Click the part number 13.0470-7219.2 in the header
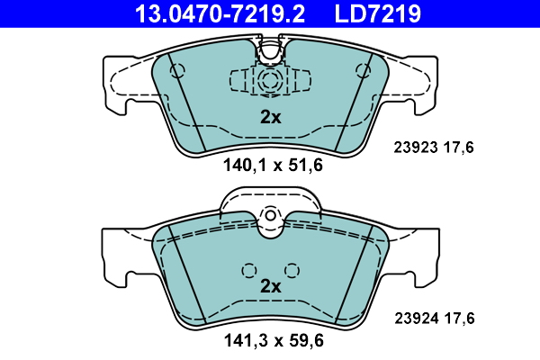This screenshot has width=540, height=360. click(x=220, y=13)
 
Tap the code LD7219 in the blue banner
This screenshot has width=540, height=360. click(x=377, y=13)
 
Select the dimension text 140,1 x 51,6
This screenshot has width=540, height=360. click(x=273, y=165)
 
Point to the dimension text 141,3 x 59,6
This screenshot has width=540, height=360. click(x=274, y=341)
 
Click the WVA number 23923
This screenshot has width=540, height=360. click(x=416, y=148)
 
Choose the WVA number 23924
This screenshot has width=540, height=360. click(x=417, y=319)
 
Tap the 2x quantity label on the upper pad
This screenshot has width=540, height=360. click(x=271, y=118)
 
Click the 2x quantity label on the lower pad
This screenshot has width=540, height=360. click(x=271, y=286)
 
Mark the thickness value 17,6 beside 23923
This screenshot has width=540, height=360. click(x=459, y=148)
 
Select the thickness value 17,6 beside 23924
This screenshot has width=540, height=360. click(x=459, y=319)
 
